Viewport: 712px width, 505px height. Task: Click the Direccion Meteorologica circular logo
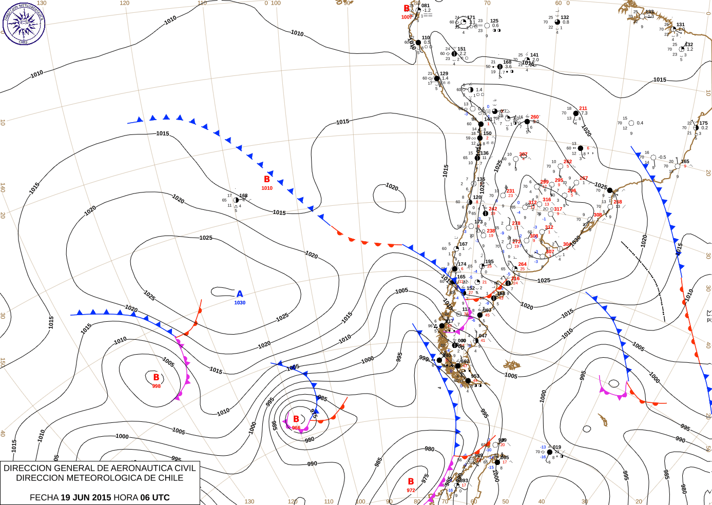pyautogui.click(x=24, y=24)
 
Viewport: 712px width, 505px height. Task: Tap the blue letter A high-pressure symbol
pyautogui.click(x=240, y=294)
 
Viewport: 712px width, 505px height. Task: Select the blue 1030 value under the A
pyautogui.click(x=240, y=303)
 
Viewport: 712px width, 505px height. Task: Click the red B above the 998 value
pyautogui.click(x=156, y=377)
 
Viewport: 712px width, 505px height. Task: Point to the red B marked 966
pyautogui.click(x=296, y=419)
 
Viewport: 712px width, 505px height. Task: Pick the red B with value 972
pyautogui.click(x=411, y=481)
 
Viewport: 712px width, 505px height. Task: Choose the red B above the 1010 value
pyautogui.click(x=267, y=179)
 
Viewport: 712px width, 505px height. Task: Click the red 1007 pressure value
pyautogui.click(x=407, y=17)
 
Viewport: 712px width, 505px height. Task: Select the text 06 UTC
pyautogui.click(x=156, y=497)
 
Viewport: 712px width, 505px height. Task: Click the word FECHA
pyautogui.click(x=44, y=497)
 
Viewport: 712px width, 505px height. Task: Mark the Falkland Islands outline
pyautogui.click(x=512, y=365)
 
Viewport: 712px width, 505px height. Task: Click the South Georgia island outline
pyautogui.click(x=603, y=420)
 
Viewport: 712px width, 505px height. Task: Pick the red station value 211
pyautogui.click(x=583, y=109)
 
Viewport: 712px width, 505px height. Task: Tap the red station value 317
pyautogui.click(x=558, y=209)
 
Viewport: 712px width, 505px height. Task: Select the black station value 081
pyautogui.click(x=426, y=6)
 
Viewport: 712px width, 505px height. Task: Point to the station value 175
pyautogui.click(x=703, y=123)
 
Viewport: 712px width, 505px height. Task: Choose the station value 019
pyautogui.click(x=557, y=448)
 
